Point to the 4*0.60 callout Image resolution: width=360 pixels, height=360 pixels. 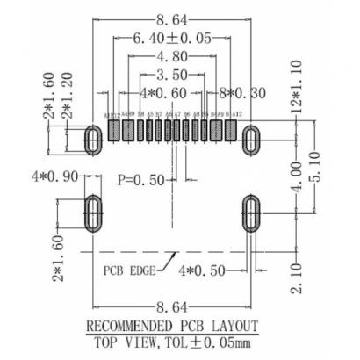coord(161,91)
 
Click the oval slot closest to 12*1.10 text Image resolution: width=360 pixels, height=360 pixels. coord(251,137)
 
